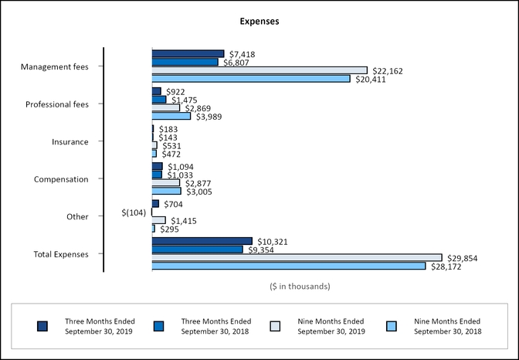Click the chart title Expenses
click(x=259, y=22)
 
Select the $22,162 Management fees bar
click(x=259, y=70)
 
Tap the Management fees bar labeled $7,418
click(x=188, y=54)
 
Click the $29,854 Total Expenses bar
click(x=297, y=258)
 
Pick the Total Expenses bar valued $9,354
click(x=197, y=250)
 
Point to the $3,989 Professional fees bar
click(x=171, y=116)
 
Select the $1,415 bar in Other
click(x=158, y=220)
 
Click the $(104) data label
click(x=135, y=212)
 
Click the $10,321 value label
click(x=271, y=242)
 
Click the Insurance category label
click(x=70, y=142)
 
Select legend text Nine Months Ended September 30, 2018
click(x=447, y=326)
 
